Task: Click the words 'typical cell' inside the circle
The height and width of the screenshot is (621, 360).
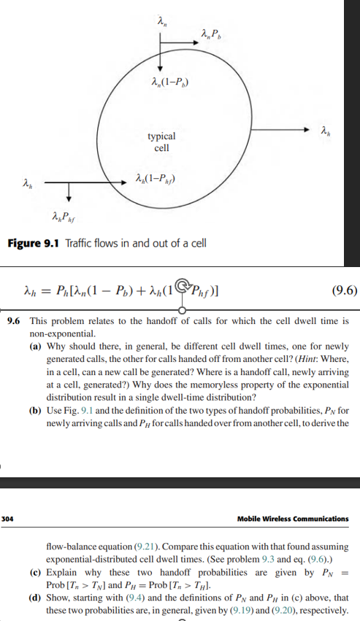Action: click(161, 142)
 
